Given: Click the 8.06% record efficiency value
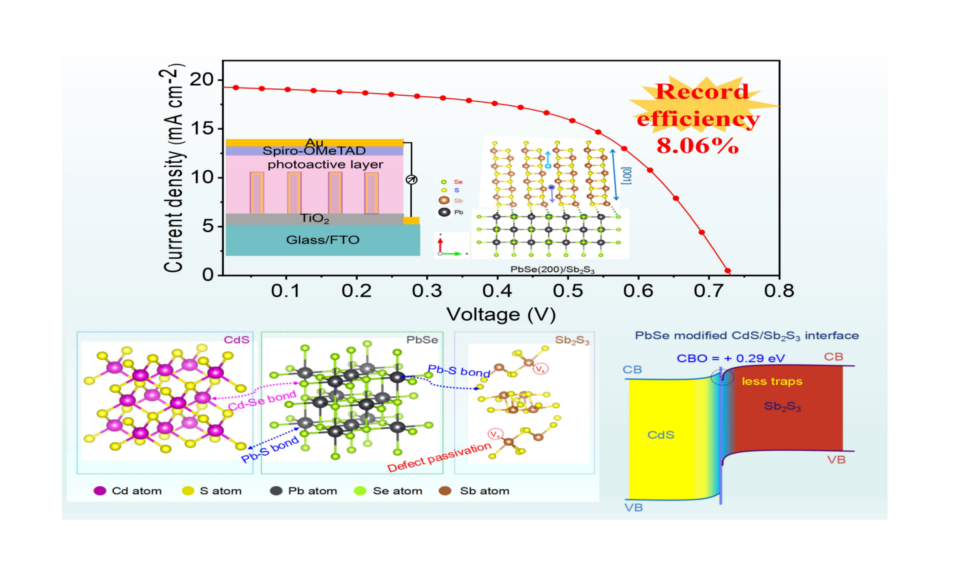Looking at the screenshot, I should tap(697, 146).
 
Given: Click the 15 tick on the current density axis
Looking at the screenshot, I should tap(202, 129).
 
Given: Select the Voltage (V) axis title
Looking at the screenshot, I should tap(501, 315).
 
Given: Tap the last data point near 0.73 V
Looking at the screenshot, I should tap(728, 271).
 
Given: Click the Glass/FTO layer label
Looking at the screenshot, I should tap(323, 240).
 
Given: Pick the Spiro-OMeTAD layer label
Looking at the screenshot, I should tap(314, 151).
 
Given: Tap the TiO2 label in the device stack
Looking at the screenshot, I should tap(315, 219).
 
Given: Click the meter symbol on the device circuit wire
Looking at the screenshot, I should tap(411, 179).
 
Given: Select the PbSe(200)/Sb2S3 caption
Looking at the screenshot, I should tap(552, 270).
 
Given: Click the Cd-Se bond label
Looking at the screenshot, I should tap(262, 400).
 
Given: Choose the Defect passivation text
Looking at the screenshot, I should tap(439, 458).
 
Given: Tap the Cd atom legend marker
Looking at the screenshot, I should tap(100, 491).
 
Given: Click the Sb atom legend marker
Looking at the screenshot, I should tap(446, 491).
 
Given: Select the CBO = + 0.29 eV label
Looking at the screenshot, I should tap(731, 358).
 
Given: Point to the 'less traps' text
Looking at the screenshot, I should tap(772, 382).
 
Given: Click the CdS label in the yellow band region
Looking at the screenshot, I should tap(661, 435).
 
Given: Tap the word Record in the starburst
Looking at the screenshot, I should tap(702, 92).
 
